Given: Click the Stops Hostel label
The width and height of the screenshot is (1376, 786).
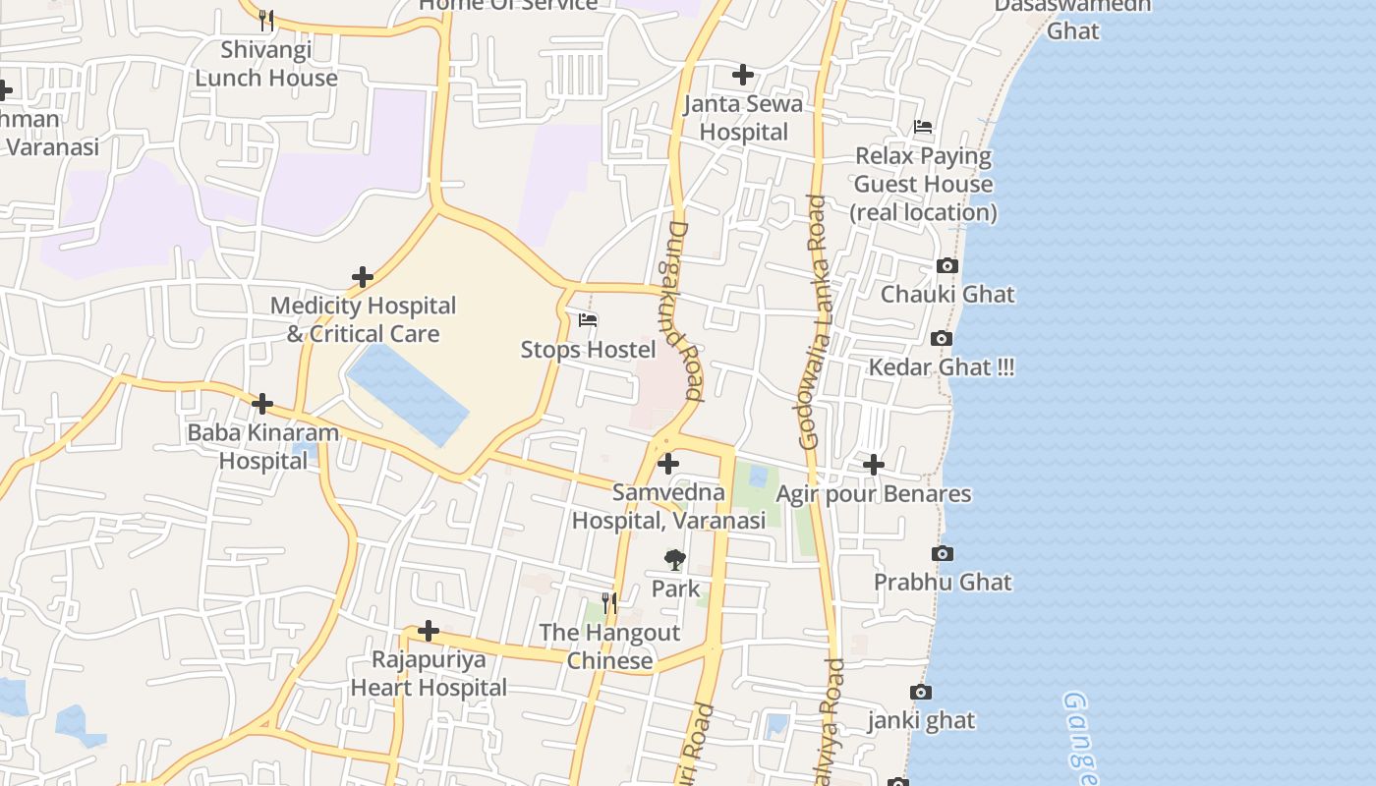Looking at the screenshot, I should pos(588,350).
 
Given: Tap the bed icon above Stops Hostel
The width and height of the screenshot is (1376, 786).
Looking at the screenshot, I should pos(588,320).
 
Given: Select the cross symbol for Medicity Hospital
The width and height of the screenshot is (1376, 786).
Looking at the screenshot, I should pos(363,277).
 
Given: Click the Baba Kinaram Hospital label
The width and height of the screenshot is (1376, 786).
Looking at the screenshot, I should pos(262,446).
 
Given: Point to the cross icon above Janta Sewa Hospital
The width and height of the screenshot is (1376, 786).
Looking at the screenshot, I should pos(743,74).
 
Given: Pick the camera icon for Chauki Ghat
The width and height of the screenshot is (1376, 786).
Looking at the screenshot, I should pos(947,265).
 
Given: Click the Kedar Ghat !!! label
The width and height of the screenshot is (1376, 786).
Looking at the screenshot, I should pos(941,367).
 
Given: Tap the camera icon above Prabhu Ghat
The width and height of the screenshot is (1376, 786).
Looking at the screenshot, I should pos(942,553).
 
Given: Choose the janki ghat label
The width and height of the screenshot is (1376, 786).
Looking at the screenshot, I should pos(921,720).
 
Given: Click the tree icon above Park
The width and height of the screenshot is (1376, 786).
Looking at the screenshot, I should pos(674,560).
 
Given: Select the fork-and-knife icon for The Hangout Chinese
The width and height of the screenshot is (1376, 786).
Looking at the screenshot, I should pos(609,602).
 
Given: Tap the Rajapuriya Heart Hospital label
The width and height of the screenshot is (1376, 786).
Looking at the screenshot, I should pos(429,673).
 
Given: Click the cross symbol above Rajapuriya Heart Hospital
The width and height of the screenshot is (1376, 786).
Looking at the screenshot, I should pos(429,630).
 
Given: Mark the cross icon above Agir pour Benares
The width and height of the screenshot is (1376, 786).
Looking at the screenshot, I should pos(873,464).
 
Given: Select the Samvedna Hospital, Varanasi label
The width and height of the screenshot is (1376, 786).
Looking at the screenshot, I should pos(668,506).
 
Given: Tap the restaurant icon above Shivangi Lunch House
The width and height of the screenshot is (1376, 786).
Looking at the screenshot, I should pos(265,19).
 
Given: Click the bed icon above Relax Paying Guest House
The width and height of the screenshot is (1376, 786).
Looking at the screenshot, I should pos(923,127).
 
